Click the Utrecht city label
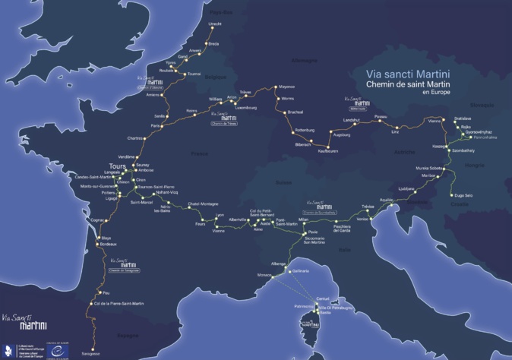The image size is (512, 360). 215,24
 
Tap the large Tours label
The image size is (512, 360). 117,166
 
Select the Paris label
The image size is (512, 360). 156,126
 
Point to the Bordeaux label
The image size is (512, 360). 109,244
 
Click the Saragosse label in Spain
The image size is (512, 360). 91,354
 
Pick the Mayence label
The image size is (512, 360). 286,87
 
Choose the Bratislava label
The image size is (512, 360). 463,118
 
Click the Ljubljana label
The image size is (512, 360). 406,188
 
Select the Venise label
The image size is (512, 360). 362,219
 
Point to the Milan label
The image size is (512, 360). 305,219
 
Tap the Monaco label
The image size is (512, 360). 264,274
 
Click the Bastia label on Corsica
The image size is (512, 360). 325,312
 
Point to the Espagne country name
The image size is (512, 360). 128,334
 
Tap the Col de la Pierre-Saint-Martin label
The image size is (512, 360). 118,304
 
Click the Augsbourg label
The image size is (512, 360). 342,134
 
